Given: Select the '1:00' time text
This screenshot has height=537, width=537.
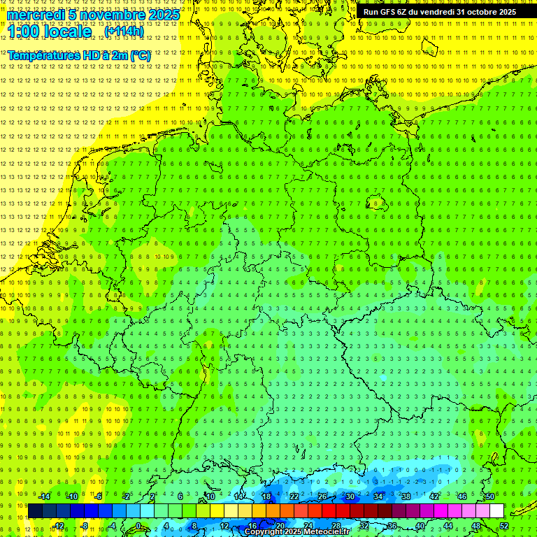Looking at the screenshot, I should (x=27, y=32).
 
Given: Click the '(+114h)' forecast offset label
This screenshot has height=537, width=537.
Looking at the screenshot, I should (x=124, y=31).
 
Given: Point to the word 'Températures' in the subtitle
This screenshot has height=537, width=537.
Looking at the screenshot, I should (x=43, y=55).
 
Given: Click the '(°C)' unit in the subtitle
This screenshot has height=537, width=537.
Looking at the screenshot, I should (x=138, y=55).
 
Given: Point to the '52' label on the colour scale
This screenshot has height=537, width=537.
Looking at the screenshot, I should (x=504, y=525).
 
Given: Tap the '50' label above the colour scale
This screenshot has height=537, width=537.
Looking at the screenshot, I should (x=490, y=496).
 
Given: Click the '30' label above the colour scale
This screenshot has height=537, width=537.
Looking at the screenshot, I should (x=350, y=496).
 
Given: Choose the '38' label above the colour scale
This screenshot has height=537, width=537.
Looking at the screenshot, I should (x=406, y=496).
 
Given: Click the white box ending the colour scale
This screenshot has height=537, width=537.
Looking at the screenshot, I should (x=496, y=510).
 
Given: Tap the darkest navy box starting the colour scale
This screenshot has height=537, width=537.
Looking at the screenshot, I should (x=35, y=510).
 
